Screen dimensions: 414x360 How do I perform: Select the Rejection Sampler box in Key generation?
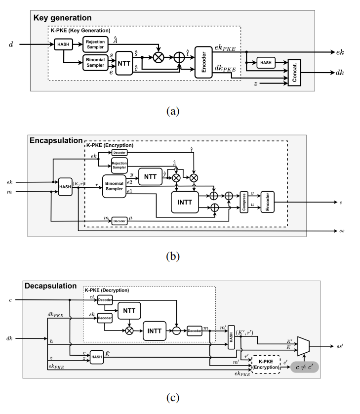pos(95,44)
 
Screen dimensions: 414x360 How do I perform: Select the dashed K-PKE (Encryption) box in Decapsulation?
pos(266,364)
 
